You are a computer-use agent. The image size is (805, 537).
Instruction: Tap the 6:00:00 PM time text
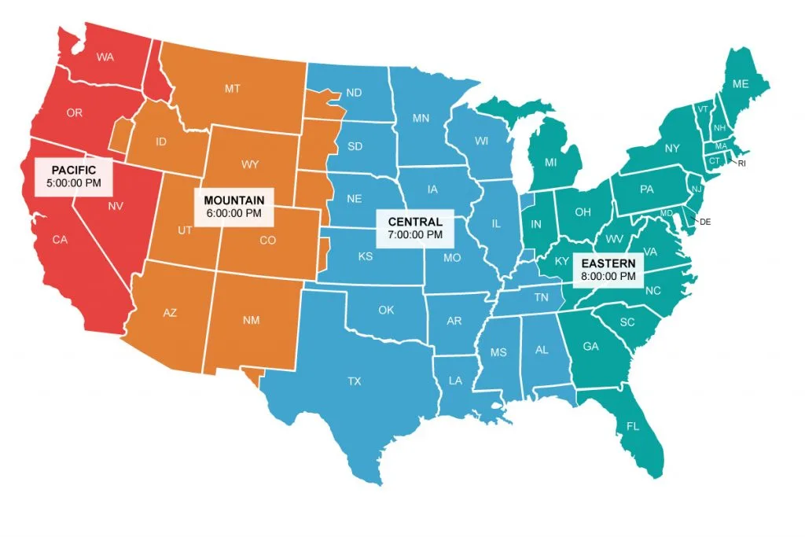coord(233,212)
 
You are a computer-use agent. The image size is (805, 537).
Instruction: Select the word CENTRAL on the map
coord(415,223)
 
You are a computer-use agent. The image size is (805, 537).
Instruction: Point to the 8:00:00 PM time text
coord(608,276)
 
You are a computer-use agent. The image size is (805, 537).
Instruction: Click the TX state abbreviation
coord(355,381)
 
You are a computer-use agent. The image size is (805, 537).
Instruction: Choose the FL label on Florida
coord(633,427)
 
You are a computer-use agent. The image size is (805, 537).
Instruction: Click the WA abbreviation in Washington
coord(105,57)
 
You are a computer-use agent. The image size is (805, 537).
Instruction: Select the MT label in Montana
coord(233,89)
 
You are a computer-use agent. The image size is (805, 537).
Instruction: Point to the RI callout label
coord(741,164)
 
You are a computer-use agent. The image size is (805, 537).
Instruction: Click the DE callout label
coord(705,222)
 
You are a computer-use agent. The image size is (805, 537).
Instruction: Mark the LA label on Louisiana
coord(456,381)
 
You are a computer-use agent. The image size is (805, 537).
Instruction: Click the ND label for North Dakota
coord(355,93)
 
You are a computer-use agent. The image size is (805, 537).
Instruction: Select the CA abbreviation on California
coord(61,240)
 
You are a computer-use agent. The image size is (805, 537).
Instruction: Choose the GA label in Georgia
coord(590,346)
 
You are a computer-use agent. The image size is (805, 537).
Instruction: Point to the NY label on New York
coord(672,149)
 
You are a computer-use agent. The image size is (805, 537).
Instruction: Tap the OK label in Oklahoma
coord(386,310)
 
